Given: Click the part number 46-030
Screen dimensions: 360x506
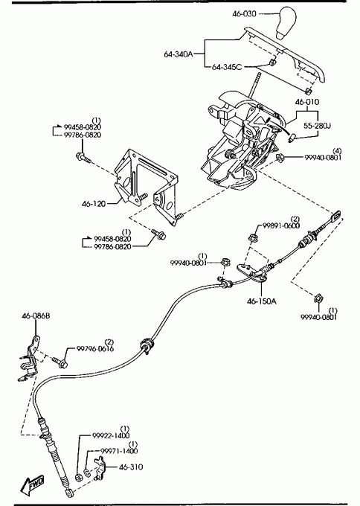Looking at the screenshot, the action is (x=244, y=13).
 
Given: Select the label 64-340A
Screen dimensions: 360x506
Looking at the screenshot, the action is (x=178, y=54).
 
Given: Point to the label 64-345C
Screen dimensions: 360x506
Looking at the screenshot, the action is (x=226, y=67).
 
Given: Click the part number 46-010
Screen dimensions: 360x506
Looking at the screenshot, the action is (x=307, y=102).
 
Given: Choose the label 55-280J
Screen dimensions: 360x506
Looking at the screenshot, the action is (x=317, y=125).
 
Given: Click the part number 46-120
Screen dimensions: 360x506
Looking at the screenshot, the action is (x=94, y=204).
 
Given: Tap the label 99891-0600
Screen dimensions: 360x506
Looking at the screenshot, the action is (x=281, y=225).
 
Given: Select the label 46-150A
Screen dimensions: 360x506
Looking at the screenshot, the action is (x=262, y=301).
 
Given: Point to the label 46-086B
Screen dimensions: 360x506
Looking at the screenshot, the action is (x=36, y=316).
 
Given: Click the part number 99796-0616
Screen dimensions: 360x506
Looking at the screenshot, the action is (x=95, y=349).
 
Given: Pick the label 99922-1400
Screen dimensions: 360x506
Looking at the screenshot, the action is (x=111, y=435).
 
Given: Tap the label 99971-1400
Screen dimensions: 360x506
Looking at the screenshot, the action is (x=119, y=451).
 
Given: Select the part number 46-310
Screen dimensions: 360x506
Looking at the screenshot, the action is (x=131, y=467).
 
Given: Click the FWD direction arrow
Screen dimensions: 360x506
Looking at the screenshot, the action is (x=32, y=485).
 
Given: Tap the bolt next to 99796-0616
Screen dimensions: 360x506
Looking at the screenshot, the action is (x=60, y=362).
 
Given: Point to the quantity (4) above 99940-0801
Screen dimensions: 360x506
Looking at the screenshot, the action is (x=337, y=151).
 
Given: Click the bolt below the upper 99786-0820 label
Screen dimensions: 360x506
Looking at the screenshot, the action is (x=83, y=158).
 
